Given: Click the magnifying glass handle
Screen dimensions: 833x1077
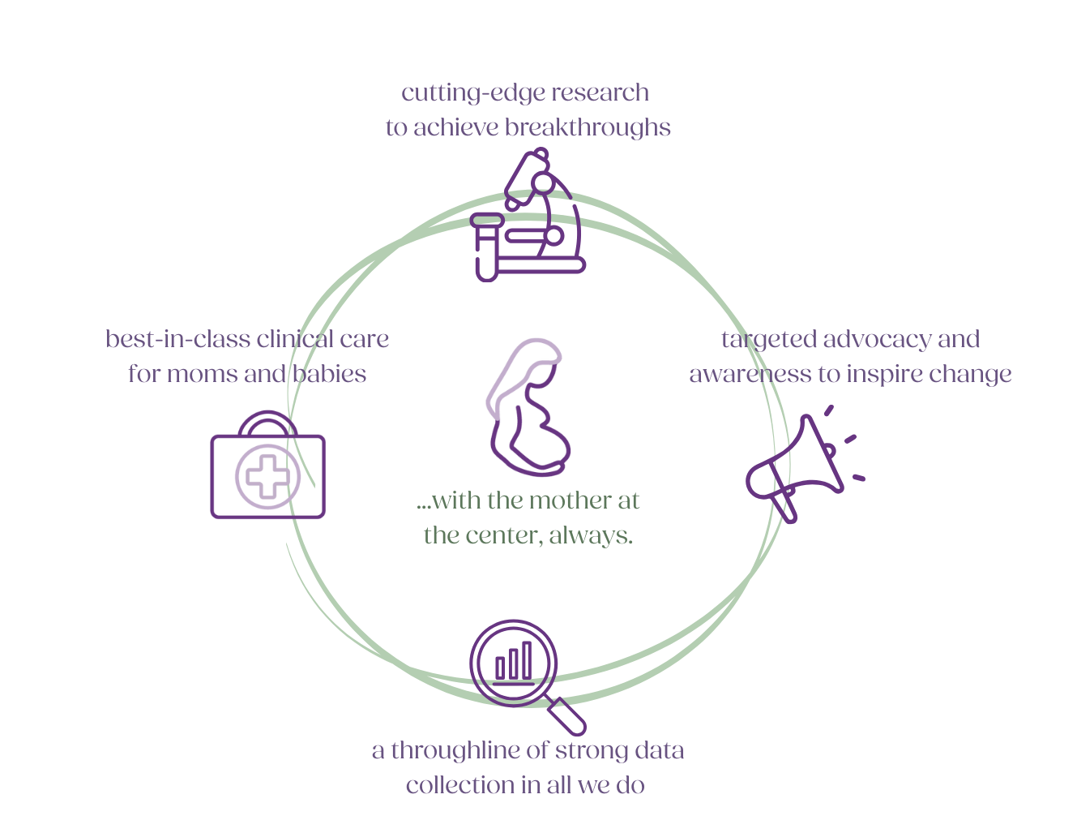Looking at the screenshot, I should (568, 717).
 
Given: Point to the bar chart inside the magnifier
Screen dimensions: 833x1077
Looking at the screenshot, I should (513, 661).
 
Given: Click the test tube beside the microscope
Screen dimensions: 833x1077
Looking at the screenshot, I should (485, 247).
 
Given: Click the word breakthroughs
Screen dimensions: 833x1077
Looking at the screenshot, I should (588, 128).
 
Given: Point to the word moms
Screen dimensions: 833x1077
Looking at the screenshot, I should (207, 375).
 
